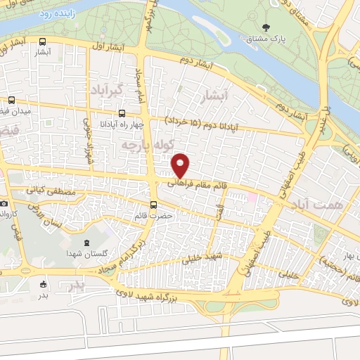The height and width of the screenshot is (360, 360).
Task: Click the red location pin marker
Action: tap(181, 165)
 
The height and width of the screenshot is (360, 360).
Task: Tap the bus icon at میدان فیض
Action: tap(13, 101)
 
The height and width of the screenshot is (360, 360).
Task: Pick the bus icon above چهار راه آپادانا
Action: tap(123, 113)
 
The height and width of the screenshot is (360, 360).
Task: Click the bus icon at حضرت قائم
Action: tap(155, 197)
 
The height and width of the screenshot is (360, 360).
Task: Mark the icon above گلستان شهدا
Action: tap(86, 241)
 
